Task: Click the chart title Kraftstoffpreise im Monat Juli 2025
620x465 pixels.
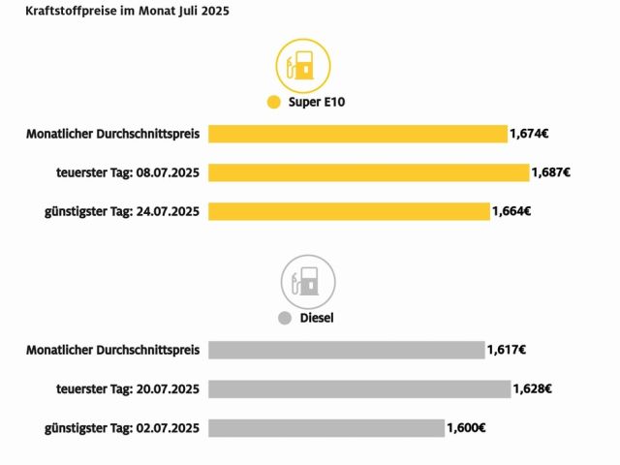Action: click(x=121, y=13)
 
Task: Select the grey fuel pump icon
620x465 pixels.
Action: click(x=308, y=282)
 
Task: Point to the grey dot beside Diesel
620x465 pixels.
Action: click(x=284, y=317)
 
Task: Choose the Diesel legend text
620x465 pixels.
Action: click(x=317, y=317)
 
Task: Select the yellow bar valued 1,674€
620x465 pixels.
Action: click(x=357, y=134)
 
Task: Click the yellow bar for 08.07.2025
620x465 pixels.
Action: click(x=369, y=172)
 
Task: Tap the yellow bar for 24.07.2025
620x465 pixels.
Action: click(x=349, y=211)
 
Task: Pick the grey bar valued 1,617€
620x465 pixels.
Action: click(x=346, y=350)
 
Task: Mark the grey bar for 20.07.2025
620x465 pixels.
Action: click(x=359, y=388)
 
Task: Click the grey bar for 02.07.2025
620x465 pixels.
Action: click(x=326, y=427)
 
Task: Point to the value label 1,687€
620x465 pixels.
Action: click(x=551, y=172)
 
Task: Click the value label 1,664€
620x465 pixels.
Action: click(x=511, y=211)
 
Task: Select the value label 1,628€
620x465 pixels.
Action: click(x=532, y=388)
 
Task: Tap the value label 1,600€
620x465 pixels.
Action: click(x=466, y=427)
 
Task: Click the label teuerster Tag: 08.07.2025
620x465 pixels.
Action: click(x=128, y=172)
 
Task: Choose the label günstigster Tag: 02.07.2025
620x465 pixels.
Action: click(x=122, y=427)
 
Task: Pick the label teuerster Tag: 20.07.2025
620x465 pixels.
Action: click(x=128, y=388)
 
